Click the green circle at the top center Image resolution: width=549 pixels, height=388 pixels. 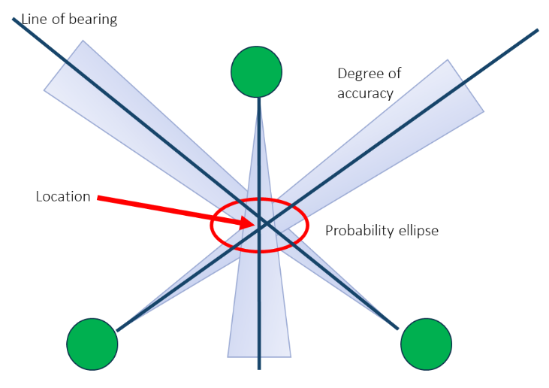click(257, 72)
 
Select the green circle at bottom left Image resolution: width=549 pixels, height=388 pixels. click(92, 344)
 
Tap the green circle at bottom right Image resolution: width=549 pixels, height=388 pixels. click(426, 344)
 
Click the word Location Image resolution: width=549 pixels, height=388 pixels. click(63, 197)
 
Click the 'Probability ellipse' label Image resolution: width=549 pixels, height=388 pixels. click(382, 231)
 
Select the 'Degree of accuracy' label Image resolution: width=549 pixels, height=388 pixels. click(369, 83)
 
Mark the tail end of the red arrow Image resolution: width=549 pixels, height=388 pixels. click(99, 199)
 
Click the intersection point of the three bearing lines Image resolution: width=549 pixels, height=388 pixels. click(260, 223)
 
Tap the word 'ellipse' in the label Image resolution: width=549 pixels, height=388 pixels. click(418, 231)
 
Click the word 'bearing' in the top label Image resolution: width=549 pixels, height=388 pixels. click(93, 20)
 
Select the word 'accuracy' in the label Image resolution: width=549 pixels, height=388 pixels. click(365, 93)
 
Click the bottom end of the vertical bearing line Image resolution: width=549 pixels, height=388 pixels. click(259, 368)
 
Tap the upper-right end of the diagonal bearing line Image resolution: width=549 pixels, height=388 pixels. click(537, 31)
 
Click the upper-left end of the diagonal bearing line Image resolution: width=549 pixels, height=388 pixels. click(14, 19)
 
